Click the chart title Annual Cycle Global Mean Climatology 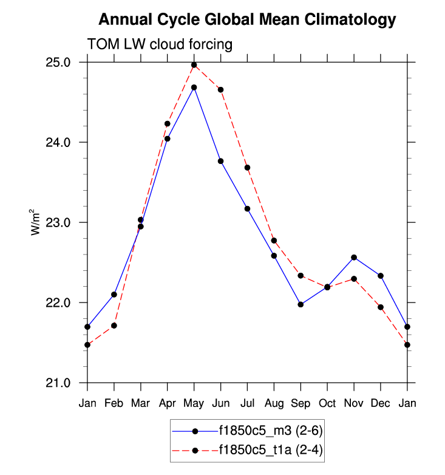(247, 20)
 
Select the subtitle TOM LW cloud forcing (160, 44)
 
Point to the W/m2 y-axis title (36, 222)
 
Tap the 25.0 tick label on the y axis (58, 63)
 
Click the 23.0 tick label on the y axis (58, 223)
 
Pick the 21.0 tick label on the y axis (58, 383)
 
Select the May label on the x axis (194, 403)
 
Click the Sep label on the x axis (301, 403)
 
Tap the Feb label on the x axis (114, 403)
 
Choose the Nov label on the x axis (354, 403)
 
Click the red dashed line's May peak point (194, 65)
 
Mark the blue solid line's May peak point (194, 87)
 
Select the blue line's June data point (221, 161)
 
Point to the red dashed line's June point (221, 90)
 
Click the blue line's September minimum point (301, 304)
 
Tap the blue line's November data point (354, 258)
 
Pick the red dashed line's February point (114, 326)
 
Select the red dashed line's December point (381, 307)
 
